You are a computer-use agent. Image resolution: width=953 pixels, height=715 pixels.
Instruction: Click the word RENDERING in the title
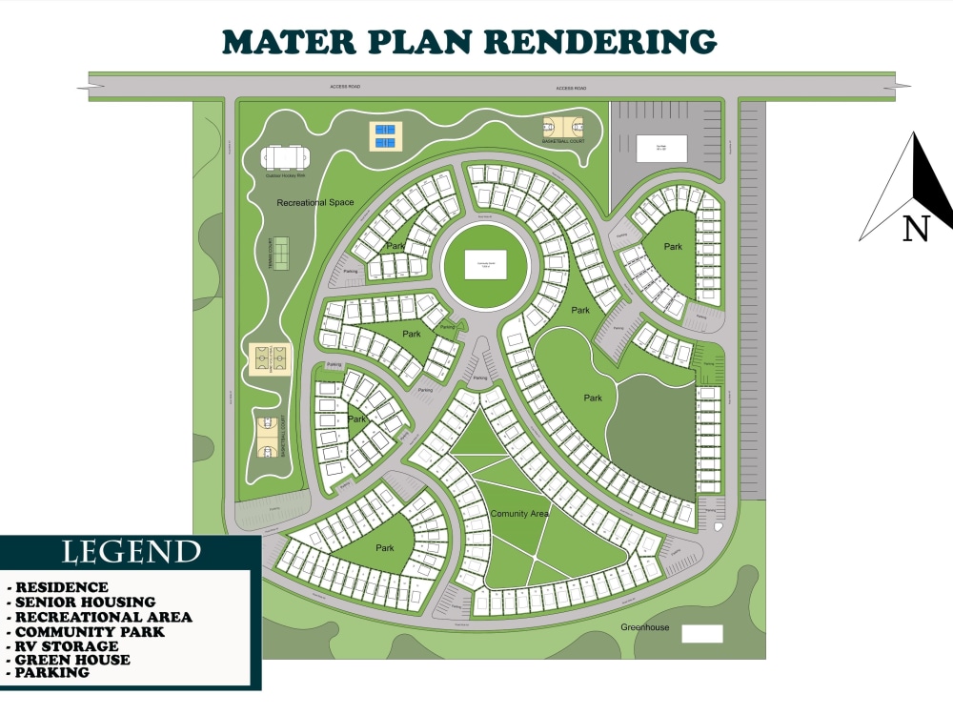point(600,41)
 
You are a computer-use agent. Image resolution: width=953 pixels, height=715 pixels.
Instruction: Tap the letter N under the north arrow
point(915,229)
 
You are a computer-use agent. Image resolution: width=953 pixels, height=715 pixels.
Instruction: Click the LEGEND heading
point(132,552)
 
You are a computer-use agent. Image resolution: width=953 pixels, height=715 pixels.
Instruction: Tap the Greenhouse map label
point(645,627)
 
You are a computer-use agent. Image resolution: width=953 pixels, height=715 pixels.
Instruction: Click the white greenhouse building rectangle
point(702,634)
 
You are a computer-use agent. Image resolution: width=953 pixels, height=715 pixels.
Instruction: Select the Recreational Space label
point(314,203)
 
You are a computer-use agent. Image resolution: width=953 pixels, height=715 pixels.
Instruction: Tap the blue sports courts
point(385,136)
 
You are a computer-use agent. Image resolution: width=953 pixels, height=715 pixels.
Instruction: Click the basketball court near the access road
point(563,127)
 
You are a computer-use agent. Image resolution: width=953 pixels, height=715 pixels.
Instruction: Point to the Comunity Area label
point(520,514)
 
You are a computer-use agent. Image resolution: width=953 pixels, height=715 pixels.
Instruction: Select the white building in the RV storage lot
point(661,148)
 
